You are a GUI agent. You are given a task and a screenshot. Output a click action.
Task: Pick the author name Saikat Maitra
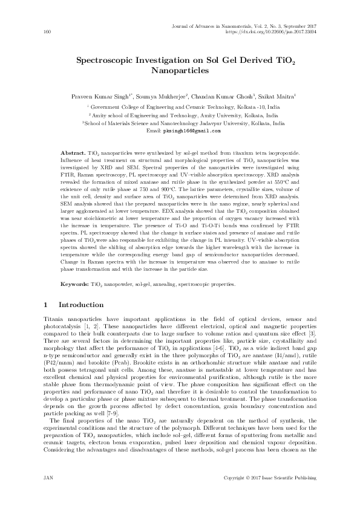pos(277,96)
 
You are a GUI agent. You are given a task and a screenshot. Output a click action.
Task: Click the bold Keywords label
pos(76,284)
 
